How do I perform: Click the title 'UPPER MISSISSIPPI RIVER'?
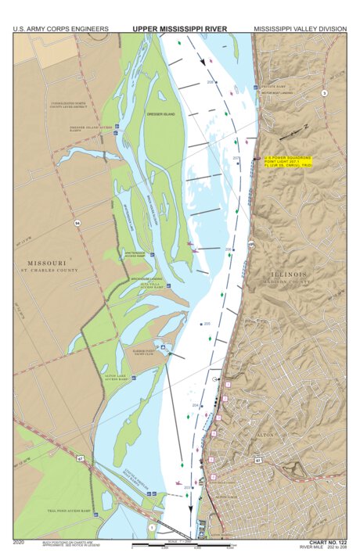click(179, 28)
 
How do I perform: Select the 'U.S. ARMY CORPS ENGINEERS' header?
click(60, 28)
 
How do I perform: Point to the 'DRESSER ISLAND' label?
click(160, 114)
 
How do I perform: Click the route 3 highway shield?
click(324, 93)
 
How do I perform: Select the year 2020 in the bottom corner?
click(21, 541)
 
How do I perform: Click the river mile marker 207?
click(236, 159)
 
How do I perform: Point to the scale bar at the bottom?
click(180, 546)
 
